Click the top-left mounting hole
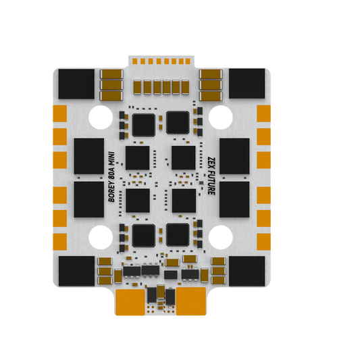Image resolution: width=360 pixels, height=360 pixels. (100, 116)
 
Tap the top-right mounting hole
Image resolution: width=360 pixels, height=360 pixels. (220, 116)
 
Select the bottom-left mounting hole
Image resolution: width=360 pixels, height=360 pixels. (100, 236)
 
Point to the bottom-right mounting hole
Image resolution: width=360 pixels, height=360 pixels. (220, 236)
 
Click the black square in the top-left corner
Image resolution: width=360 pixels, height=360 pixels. (75, 83)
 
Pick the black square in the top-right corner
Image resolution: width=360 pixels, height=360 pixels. (246, 83)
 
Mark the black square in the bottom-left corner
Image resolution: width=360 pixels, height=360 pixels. (75, 272)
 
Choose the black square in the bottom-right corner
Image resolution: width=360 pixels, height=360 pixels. (246, 272)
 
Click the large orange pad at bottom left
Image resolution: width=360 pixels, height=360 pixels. (130, 301)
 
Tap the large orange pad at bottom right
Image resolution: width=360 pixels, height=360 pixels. (191, 301)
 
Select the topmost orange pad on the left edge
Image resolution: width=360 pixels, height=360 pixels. (60, 114)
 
